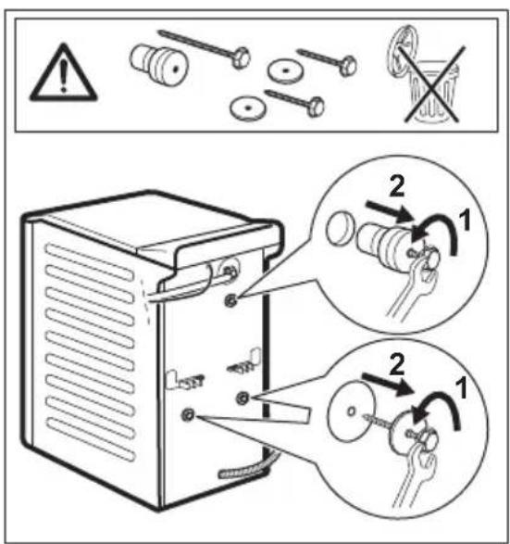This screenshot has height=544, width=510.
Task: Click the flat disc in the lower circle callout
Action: point(353,409)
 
